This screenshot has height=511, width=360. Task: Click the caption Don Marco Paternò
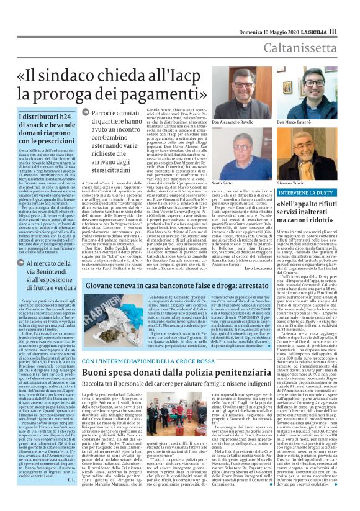pyautogui.click(x=322, y=123)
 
